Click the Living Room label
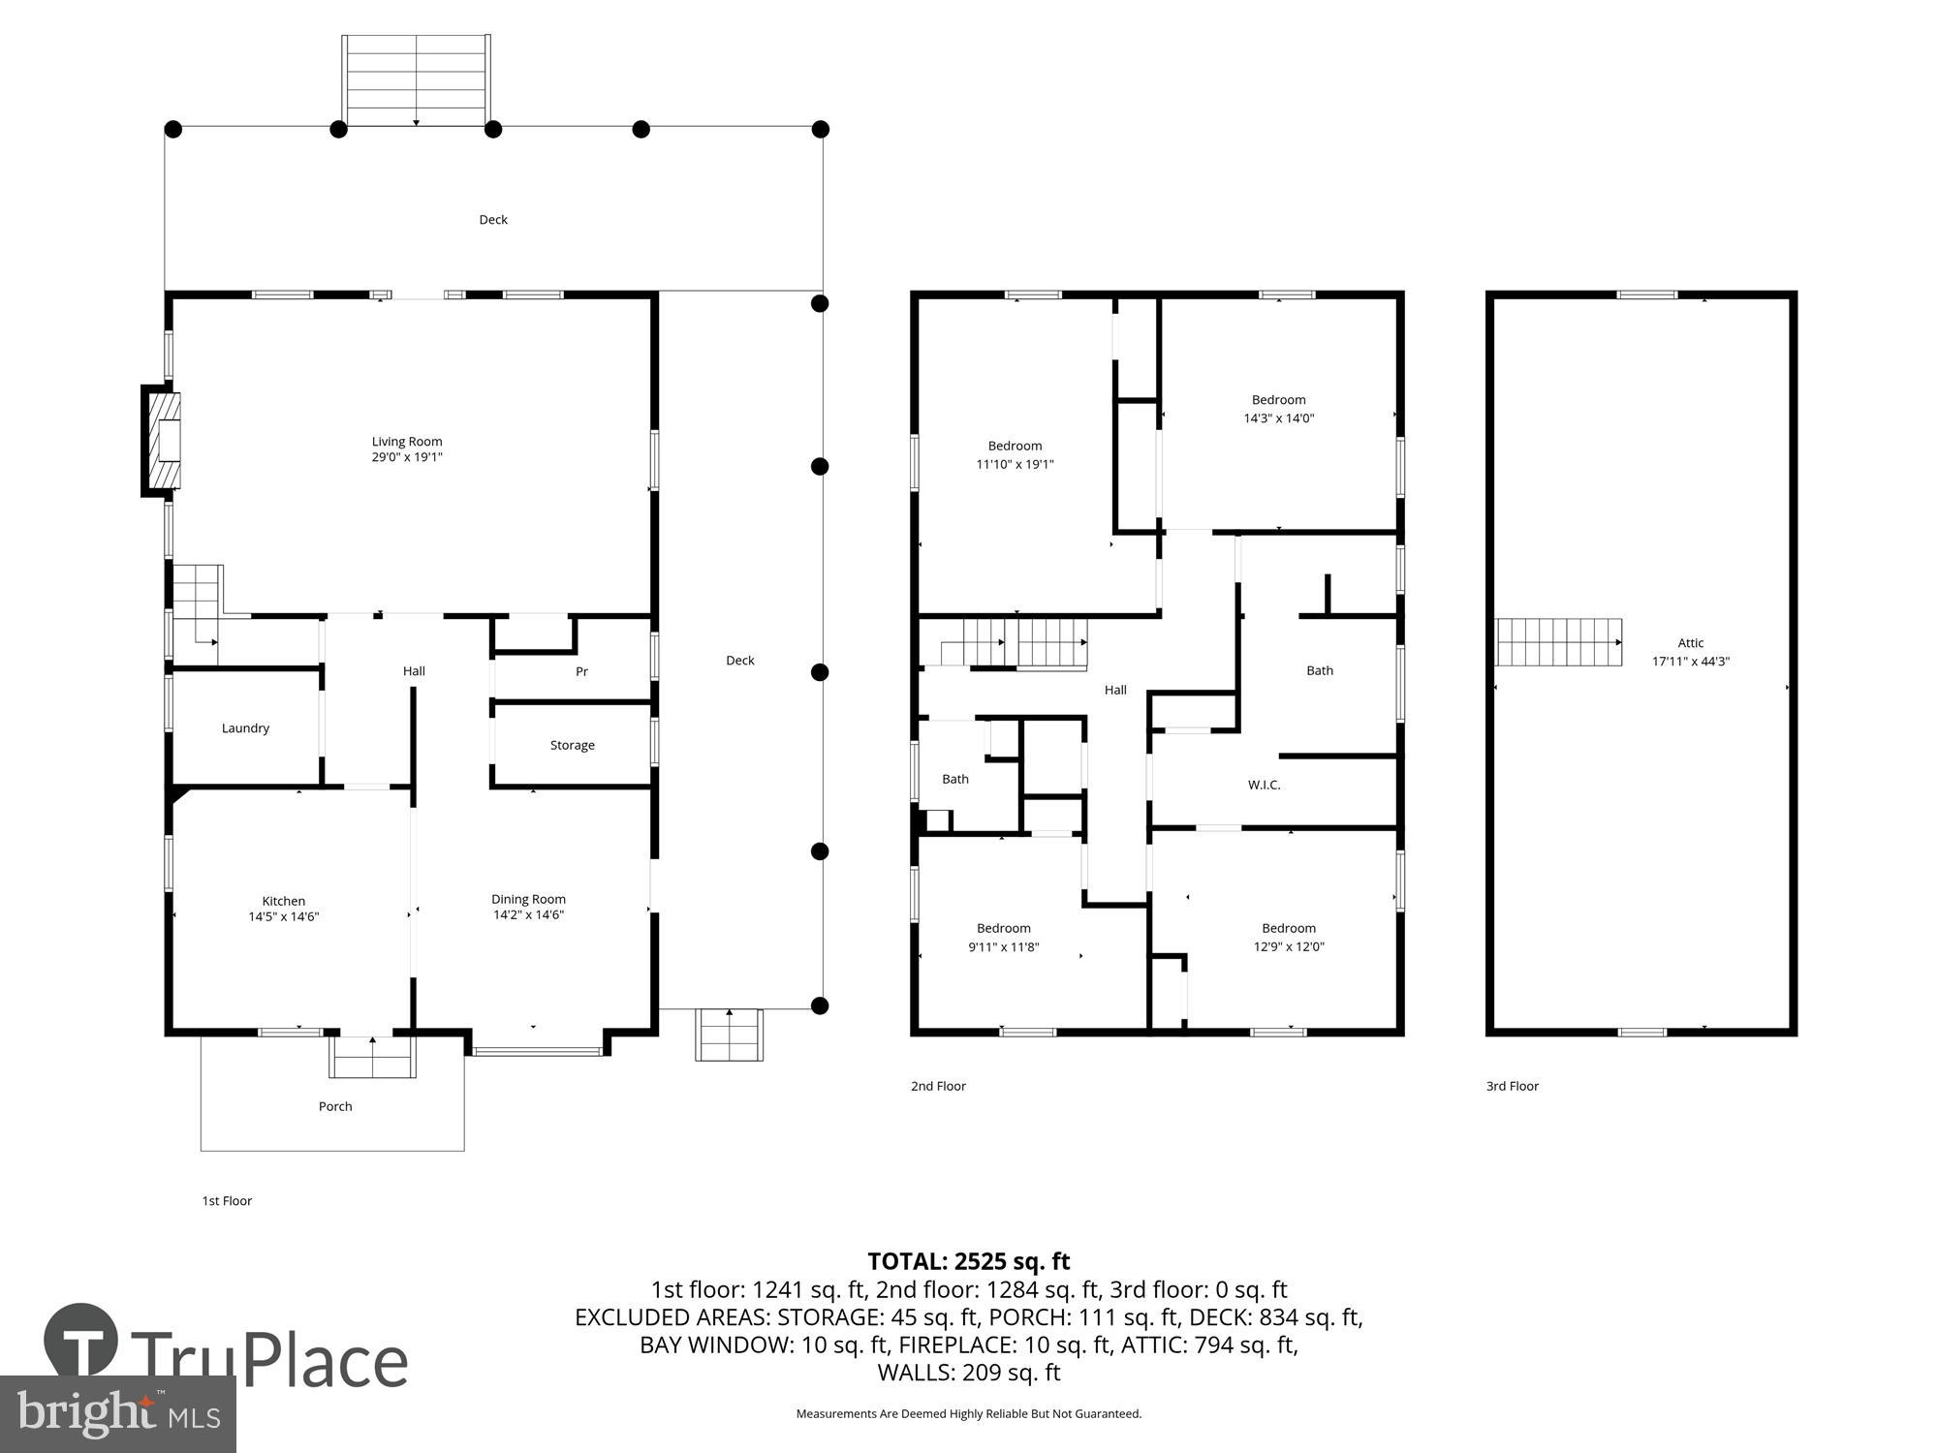[x=407, y=442]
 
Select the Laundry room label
[x=245, y=728]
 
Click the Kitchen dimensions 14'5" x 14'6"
[x=284, y=916]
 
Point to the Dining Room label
[x=528, y=899]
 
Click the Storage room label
[x=572, y=745]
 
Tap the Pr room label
[x=581, y=671]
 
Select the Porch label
[x=335, y=1106]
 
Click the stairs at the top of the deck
[x=416, y=79]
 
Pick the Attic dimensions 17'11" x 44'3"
[x=1690, y=662]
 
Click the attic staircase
[x=1558, y=642]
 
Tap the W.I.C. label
[x=1264, y=785]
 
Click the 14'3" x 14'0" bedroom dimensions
[x=1278, y=418]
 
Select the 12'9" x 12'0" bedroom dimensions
[x=1288, y=946]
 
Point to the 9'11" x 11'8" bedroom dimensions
[x=1003, y=947]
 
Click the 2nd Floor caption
[x=938, y=1086]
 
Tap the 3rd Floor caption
[x=1512, y=1086]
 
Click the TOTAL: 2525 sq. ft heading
[x=968, y=1261]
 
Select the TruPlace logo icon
[x=81, y=1342]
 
